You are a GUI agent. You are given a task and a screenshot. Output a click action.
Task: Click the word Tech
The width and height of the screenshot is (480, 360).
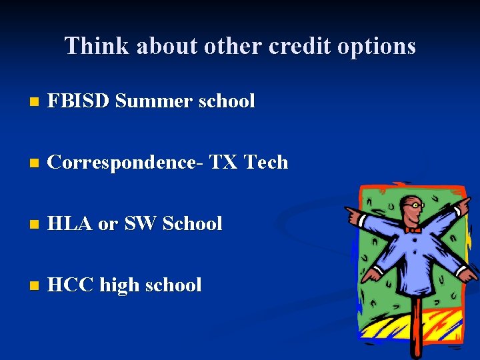266,163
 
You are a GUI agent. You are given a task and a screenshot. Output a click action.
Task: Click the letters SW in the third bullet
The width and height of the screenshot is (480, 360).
139,224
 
